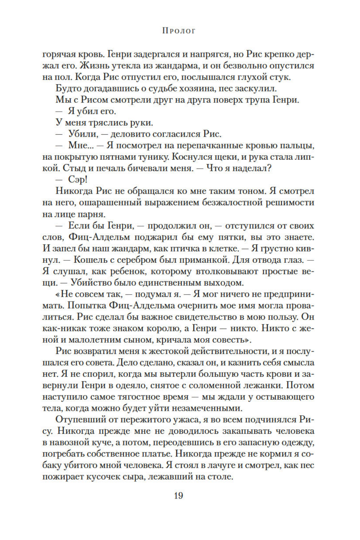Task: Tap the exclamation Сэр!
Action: pyautogui.click(x=78, y=180)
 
